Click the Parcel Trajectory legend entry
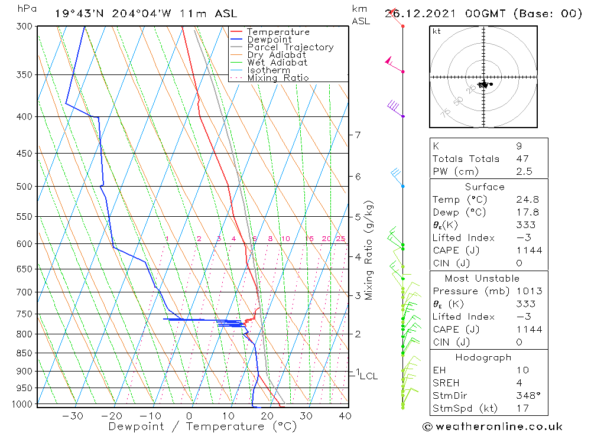[290, 47]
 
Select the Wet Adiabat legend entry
[277, 63]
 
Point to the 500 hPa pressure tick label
[25, 187]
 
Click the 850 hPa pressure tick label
[25, 353]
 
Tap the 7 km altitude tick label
[358, 135]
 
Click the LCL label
[368, 376]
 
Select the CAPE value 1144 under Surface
[528, 250]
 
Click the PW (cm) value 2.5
[524, 172]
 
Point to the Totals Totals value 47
[522, 159]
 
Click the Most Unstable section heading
[482, 279]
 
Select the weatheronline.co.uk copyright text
[492, 427]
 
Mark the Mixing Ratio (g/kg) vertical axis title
[369, 249]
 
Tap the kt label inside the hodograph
[437, 31]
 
